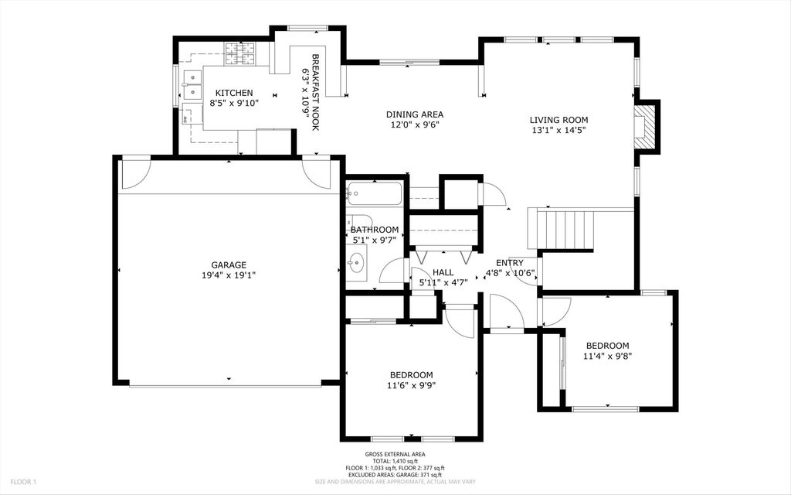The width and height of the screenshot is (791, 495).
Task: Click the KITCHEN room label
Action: click(x=233, y=93)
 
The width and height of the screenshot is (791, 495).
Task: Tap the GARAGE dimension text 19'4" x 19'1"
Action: click(x=229, y=275)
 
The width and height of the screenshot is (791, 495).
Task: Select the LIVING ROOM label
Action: click(x=558, y=120)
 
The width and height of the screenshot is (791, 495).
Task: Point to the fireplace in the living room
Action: click(x=645, y=127)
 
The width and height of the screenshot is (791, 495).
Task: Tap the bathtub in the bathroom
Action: click(x=374, y=193)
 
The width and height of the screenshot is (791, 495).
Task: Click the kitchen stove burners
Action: click(x=239, y=53)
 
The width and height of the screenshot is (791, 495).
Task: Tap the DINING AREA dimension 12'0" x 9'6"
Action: click(x=414, y=125)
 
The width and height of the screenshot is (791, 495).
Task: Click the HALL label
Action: click(x=443, y=272)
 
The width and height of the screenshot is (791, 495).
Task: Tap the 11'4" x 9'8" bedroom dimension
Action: click(x=607, y=357)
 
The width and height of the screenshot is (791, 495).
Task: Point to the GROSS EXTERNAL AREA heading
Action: click(x=395, y=455)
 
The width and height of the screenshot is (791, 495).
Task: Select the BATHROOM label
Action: click(x=375, y=230)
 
